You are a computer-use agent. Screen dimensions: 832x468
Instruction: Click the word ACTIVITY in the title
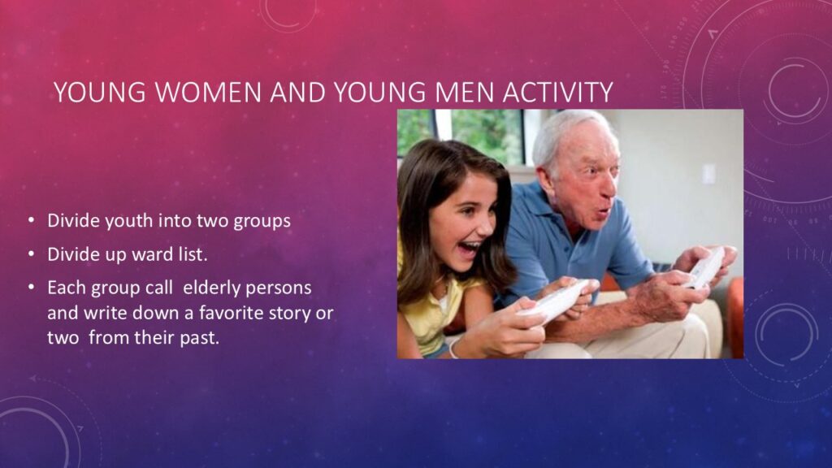557,92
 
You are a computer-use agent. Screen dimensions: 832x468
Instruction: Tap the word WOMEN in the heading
209,92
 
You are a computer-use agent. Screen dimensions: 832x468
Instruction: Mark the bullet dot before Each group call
32,288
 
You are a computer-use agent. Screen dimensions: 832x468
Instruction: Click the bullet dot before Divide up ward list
32,254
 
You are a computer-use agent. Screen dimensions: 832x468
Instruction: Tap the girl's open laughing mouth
469,248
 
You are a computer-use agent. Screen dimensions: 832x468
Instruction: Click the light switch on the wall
708,174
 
